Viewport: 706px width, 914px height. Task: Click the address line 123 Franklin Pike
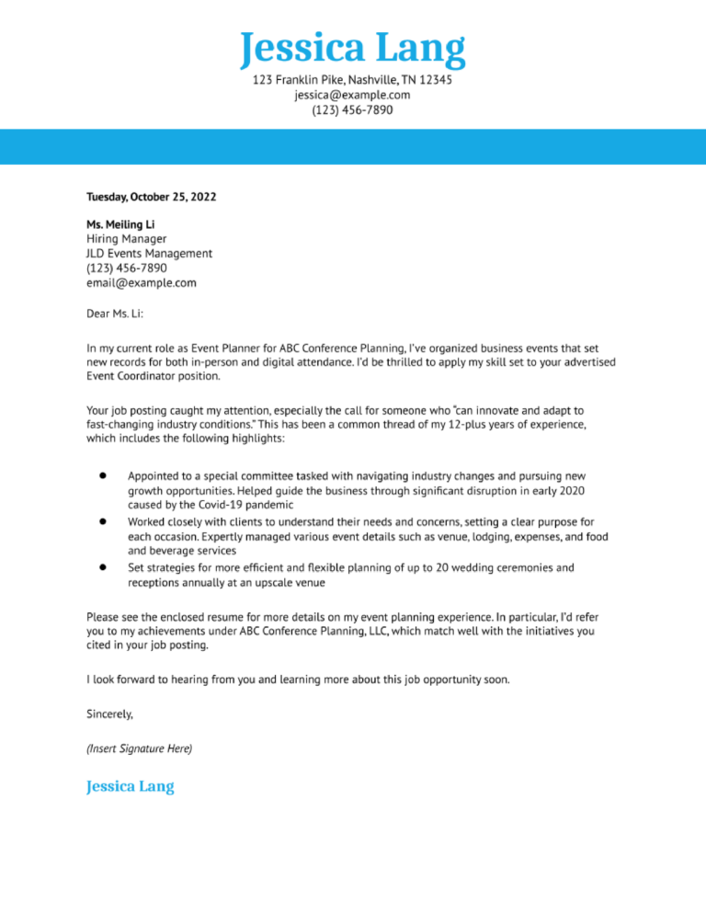[353, 81]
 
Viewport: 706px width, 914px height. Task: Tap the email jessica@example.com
[353, 96]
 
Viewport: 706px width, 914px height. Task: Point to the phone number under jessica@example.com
[353, 110]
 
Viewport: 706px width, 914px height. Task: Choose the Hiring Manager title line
[127, 238]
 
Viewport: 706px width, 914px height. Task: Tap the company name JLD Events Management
[149, 253]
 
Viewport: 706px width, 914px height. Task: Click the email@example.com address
[142, 282]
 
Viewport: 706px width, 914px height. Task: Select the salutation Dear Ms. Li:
[115, 313]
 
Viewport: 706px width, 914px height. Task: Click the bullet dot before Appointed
[103, 476]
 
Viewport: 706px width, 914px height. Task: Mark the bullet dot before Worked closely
[103, 520]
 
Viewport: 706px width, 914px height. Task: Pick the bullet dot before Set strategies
[103, 566]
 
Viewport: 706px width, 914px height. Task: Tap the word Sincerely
[109, 713]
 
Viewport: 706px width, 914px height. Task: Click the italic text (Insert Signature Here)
[139, 748]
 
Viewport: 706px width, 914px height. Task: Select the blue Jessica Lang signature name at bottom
[130, 787]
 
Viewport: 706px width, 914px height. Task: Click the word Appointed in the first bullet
[157, 476]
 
